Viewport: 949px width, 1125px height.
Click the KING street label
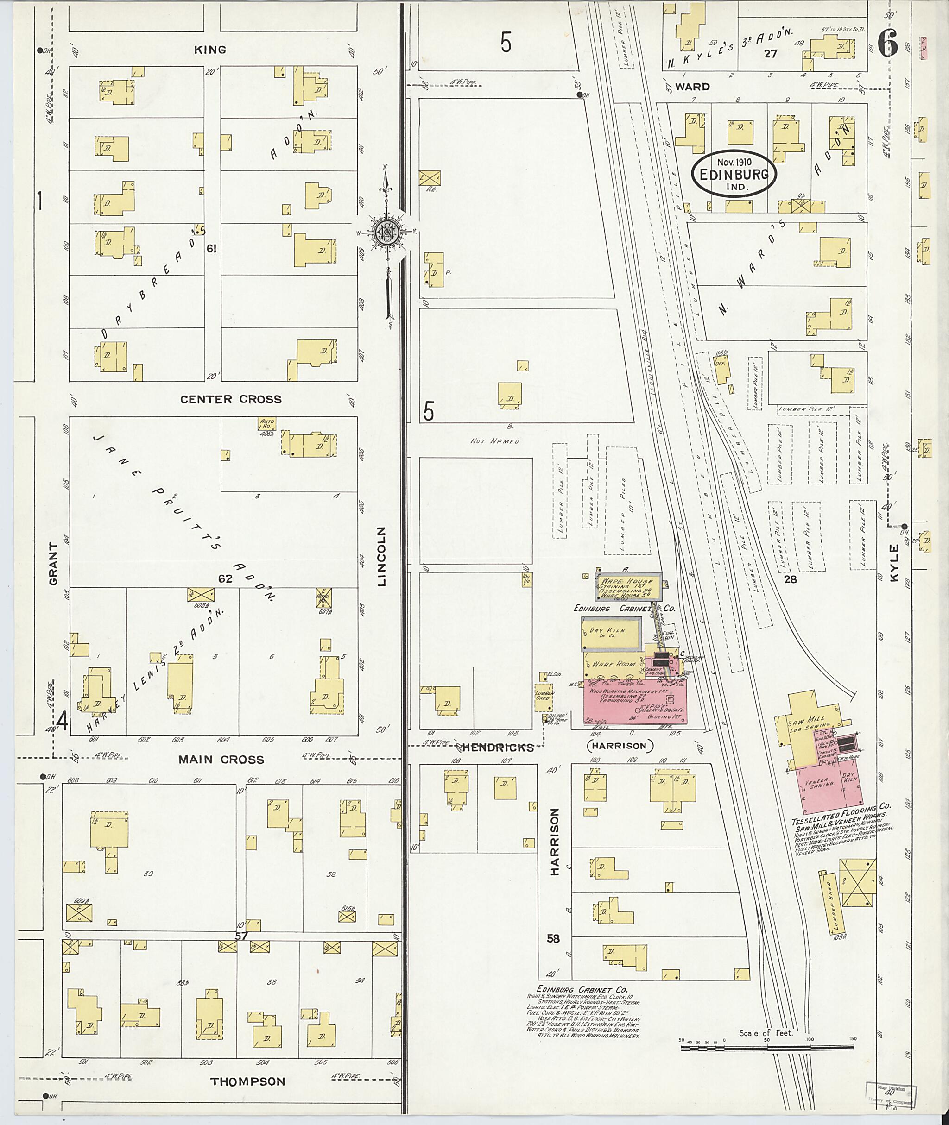(x=210, y=50)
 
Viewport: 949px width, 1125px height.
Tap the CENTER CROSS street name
(x=230, y=399)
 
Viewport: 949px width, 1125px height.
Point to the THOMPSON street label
(x=247, y=1081)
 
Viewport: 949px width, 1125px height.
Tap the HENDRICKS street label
(x=498, y=748)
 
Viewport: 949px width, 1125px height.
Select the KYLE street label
(x=893, y=562)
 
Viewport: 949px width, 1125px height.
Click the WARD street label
(x=692, y=87)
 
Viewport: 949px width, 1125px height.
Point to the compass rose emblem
(x=386, y=232)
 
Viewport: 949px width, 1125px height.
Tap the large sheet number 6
(x=888, y=43)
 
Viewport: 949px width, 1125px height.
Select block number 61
(x=211, y=248)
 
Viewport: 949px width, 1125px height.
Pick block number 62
(x=225, y=578)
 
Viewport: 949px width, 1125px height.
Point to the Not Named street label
(x=494, y=441)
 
